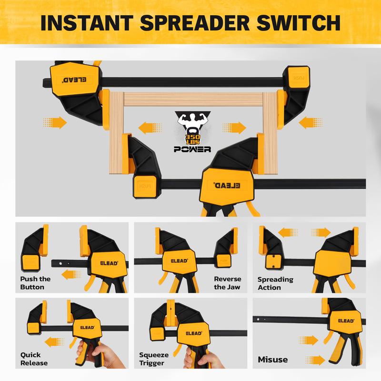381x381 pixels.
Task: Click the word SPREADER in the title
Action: click(195, 23)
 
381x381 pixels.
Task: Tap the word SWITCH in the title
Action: click(299, 23)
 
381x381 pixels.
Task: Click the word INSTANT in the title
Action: click(87, 23)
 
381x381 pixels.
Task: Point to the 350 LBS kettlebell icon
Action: click(193, 137)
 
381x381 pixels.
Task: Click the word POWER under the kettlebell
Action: click(192, 149)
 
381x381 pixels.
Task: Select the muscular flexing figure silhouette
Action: click(193, 121)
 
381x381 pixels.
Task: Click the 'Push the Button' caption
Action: click(35, 283)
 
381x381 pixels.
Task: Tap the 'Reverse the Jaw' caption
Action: click(228, 283)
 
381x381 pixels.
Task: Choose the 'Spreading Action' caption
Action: click(275, 283)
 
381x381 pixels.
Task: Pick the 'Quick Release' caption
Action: click(34, 359)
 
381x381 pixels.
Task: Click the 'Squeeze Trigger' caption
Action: click(154, 359)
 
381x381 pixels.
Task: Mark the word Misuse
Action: click(272, 360)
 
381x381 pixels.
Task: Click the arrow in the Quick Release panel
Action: click(54, 342)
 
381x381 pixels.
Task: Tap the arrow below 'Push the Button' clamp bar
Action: click(71, 275)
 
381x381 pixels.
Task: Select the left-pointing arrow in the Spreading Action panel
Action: click(288, 233)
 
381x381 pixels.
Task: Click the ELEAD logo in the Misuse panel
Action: click(346, 321)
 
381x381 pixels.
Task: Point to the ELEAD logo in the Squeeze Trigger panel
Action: click(194, 333)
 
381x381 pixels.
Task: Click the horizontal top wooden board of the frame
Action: click(193, 99)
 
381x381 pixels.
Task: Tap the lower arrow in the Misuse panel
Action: click(315, 360)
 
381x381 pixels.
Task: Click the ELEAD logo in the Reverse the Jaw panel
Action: click(179, 261)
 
